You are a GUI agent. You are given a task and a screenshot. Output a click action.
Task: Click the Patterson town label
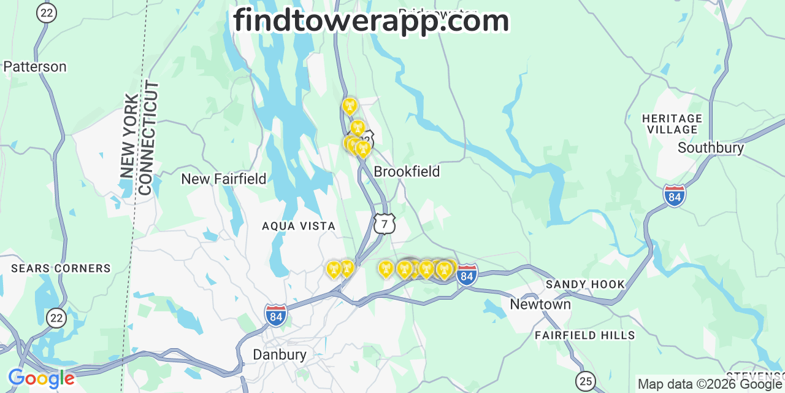tap(35, 66)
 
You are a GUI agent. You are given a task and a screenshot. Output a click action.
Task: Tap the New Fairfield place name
tap(224, 179)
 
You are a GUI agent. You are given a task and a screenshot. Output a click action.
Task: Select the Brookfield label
tap(407, 171)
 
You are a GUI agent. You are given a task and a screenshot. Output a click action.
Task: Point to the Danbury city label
tap(280, 354)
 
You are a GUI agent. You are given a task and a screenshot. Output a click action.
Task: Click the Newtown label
tap(540, 304)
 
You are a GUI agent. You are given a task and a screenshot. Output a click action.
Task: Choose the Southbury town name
tap(711, 147)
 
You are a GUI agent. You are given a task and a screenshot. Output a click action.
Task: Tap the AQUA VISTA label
tap(299, 226)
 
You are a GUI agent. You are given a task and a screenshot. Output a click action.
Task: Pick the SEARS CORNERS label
tap(61, 268)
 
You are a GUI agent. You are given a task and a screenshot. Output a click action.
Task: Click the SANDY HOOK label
tap(585, 284)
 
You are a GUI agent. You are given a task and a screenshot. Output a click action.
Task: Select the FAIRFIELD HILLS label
tap(585, 335)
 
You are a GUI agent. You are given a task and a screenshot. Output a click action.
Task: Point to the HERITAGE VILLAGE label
tap(672, 123)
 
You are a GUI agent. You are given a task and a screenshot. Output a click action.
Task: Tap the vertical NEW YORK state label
tap(130, 136)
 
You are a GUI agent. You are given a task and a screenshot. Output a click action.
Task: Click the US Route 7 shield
tap(385, 224)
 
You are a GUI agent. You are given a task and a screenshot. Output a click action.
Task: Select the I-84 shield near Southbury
tap(675, 196)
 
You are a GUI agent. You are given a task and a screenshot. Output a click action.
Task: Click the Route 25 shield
tap(586, 380)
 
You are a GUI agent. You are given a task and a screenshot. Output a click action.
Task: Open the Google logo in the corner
tap(41, 378)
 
